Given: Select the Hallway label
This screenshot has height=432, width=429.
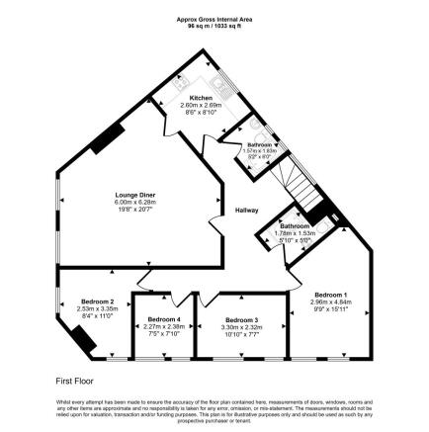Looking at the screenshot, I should pos(246,211).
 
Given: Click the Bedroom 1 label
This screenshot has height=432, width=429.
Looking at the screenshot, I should pos(330,295).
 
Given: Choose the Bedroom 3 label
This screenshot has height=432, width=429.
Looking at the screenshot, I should pos(241,320).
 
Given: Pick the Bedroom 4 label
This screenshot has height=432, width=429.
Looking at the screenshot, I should pos(164,320).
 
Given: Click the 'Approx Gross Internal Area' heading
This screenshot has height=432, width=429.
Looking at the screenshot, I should pos(214,19).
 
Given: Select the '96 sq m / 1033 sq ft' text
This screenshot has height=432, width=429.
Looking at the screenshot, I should pos(214,25).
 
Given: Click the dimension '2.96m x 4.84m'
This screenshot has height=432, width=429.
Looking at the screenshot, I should pos(330,302).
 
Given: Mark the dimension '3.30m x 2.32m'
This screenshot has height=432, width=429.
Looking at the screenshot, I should pos(241,326).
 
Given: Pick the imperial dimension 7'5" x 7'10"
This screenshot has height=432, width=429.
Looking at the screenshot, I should pos(164,333).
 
